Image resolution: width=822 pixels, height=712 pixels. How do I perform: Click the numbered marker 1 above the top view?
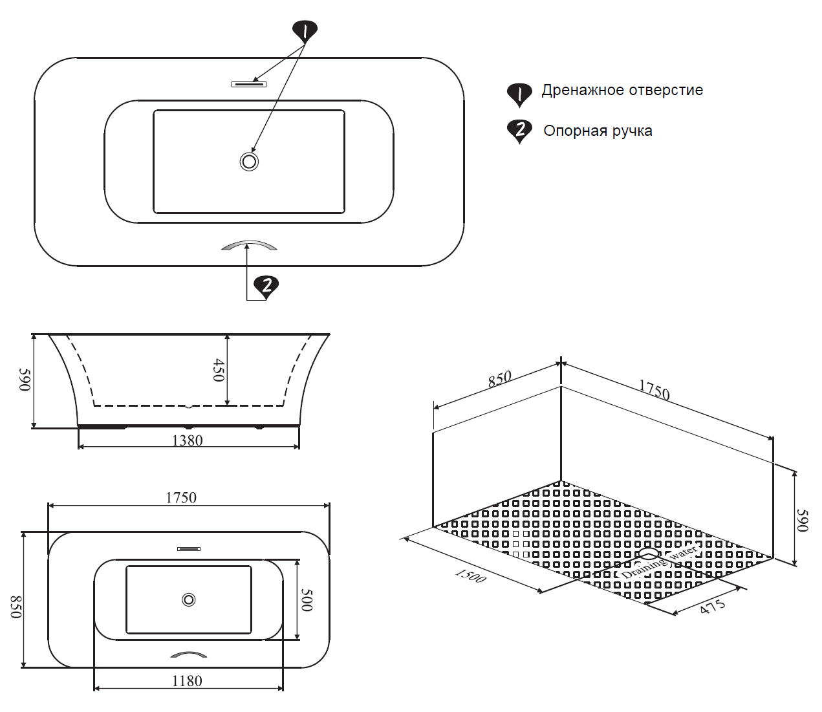tap(305, 31)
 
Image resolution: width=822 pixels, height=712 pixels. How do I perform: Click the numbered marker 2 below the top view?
tap(266, 285)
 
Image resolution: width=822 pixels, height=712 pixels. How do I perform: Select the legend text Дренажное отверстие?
tap(622, 91)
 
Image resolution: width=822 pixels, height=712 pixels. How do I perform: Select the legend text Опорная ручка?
tap(597, 131)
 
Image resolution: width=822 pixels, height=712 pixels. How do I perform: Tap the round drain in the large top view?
tap(249, 161)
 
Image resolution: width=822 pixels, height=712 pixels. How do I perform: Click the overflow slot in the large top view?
tap(249, 84)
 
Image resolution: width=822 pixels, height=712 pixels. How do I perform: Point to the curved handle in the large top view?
tap(249, 245)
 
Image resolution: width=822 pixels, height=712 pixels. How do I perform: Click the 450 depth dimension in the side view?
tap(219, 370)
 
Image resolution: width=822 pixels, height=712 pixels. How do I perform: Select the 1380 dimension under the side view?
tap(188, 441)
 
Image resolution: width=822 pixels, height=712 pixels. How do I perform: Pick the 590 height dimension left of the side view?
tap(25, 380)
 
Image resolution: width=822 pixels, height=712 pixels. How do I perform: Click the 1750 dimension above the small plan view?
tap(181, 497)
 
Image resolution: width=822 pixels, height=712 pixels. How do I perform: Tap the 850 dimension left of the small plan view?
tap(16, 607)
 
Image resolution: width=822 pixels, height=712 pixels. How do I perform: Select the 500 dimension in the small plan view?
tap(307, 599)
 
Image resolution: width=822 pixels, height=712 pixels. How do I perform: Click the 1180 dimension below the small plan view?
tap(187, 681)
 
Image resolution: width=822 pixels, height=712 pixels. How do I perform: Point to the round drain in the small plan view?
tap(189, 599)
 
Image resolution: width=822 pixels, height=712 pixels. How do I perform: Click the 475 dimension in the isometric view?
tap(712, 607)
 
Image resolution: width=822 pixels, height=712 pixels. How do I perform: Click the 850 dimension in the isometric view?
tap(500, 379)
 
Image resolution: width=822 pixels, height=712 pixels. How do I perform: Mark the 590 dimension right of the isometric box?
tap(802, 521)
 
